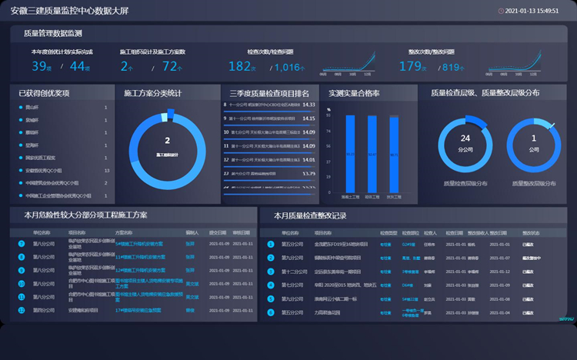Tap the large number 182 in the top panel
[x=239, y=67]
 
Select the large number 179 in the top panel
[x=411, y=67]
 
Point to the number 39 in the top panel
[x=39, y=67]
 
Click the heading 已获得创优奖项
[x=44, y=93]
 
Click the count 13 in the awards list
[x=106, y=171]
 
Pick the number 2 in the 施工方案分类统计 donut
[x=167, y=141]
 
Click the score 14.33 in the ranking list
[x=309, y=105]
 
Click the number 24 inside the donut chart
[x=465, y=138]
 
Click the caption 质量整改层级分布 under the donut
[x=533, y=184]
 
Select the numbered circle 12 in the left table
[x=22, y=271]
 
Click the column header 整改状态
[x=532, y=232]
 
